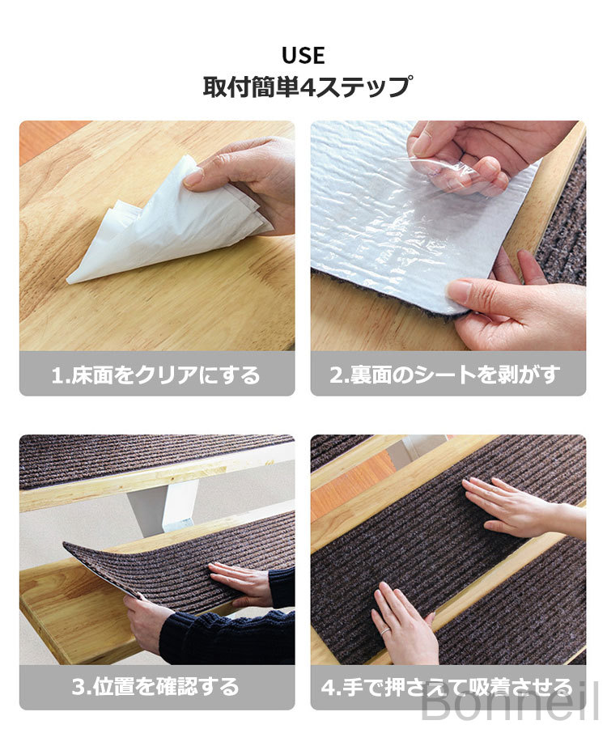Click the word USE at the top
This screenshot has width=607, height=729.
[x=303, y=55]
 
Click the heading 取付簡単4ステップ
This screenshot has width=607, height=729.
[x=307, y=87]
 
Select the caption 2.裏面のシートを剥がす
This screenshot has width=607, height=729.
[x=445, y=375]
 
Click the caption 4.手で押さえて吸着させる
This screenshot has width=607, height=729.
[x=447, y=687]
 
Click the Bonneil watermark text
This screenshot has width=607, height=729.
[x=509, y=706]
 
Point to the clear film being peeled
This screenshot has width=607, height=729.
[x=447, y=173]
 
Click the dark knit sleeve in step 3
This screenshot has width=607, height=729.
[x=232, y=637]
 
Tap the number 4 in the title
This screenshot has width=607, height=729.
[x=309, y=87]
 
